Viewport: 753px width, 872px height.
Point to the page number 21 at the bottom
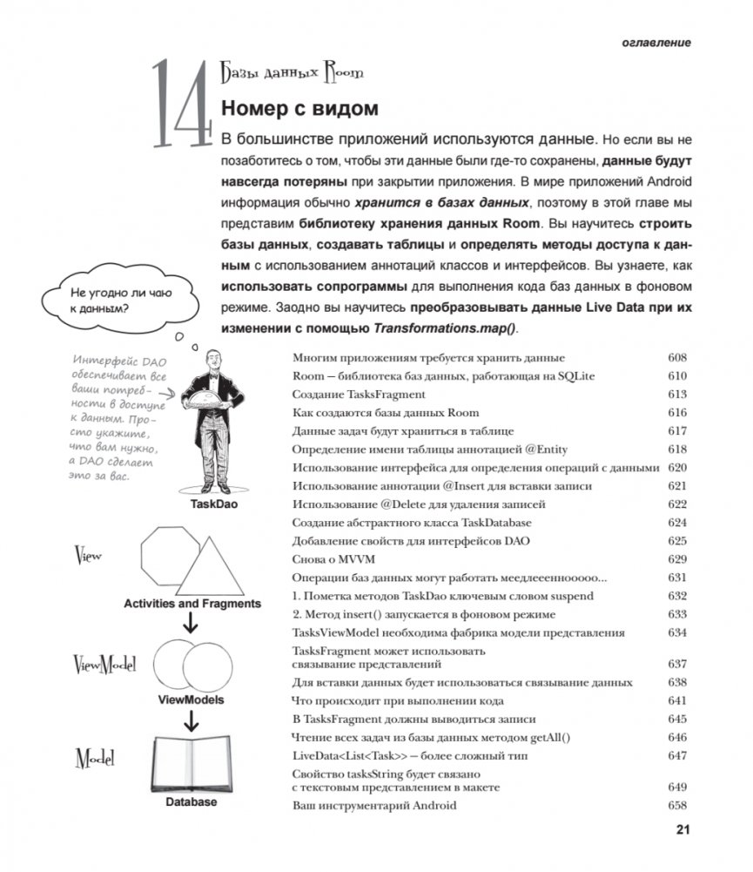point(682,829)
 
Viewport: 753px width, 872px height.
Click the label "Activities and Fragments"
point(192,603)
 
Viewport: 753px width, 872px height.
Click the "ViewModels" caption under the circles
point(191,700)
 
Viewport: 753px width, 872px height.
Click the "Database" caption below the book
point(191,802)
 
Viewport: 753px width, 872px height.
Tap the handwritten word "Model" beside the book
point(96,757)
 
